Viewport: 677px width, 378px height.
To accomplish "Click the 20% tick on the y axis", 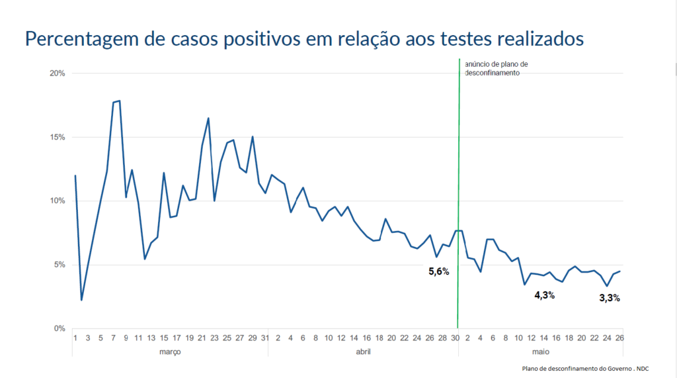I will click(57, 73).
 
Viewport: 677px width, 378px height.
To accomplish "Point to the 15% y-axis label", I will click(57, 137).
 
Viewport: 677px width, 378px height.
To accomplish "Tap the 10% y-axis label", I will click(57, 201).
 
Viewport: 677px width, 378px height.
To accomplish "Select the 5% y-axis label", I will click(59, 265).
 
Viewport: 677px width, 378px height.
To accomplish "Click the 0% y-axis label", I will click(59, 328).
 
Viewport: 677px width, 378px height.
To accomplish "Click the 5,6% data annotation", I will click(438, 271).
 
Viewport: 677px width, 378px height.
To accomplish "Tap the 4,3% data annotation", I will click(544, 295).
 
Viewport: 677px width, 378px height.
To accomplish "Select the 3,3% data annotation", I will click(609, 298).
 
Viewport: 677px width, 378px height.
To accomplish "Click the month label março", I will click(170, 352).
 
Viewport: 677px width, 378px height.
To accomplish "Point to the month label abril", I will click(363, 352).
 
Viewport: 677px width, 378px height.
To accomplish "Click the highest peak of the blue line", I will click(119, 101).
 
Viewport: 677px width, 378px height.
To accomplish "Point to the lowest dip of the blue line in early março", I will click(81, 300).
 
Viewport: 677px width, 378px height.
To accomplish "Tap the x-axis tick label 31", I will click(265, 338).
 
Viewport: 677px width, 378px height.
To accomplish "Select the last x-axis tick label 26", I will click(619, 338).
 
